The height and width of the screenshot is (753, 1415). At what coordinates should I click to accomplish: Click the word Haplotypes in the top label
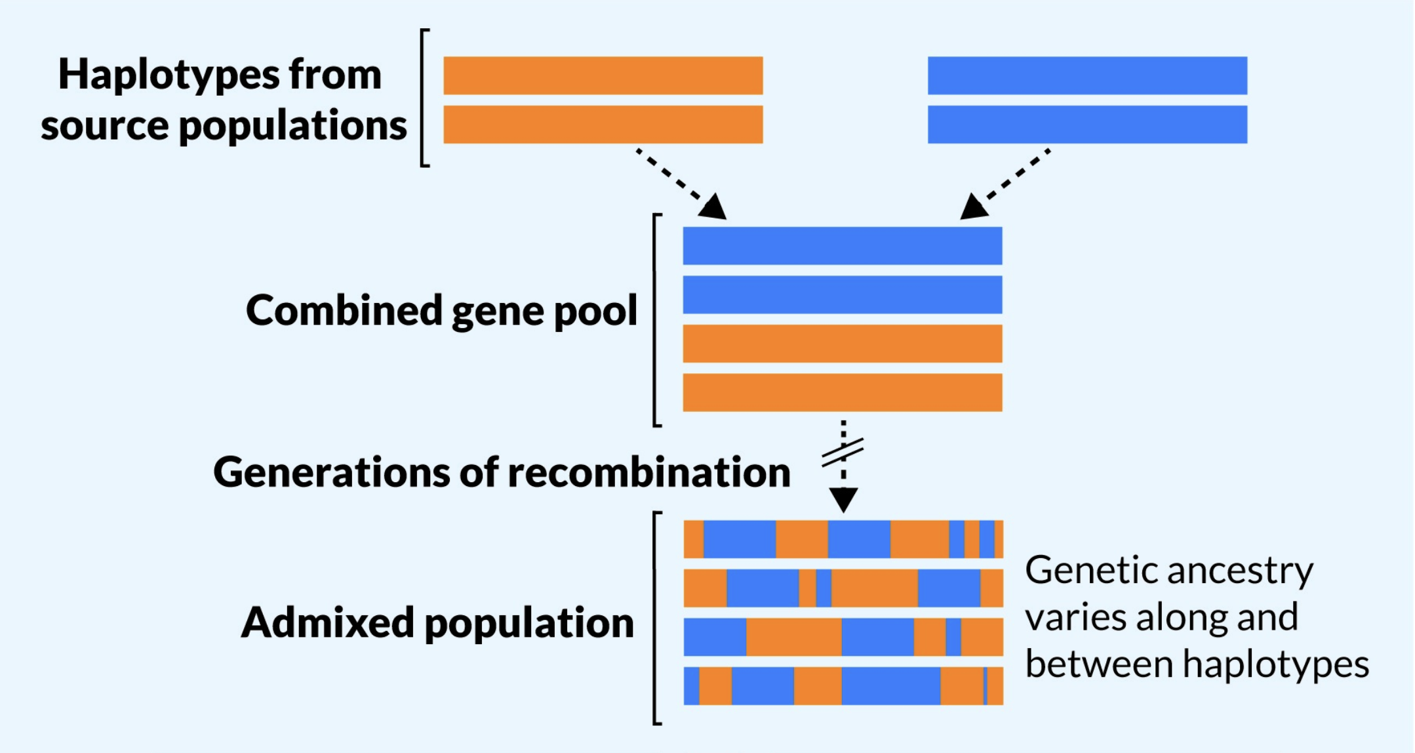pyautogui.click(x=170, y=75)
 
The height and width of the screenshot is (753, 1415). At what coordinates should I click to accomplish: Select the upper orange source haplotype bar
pyautogui.click(x=603, y=75)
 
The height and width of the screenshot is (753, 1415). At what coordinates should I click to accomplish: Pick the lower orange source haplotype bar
pyautogui.click(x=603, y=124)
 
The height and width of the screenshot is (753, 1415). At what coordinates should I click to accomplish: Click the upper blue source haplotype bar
pyautogui.click(x=1087, y=75)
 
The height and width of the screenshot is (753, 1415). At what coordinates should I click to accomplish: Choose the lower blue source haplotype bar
pyautogui.click(x=1087, y=124)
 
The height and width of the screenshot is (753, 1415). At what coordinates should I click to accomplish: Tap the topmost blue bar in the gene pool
pyautogui.click(x=843, y=246)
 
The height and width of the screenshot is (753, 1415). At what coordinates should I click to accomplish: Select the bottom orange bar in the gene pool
pyautogui.click(x=843, y=392)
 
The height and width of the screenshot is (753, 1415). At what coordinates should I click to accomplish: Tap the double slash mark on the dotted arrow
pyautogui.click(x=843, y=452)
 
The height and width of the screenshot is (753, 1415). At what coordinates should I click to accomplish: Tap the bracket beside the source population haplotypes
pyautogui.click(x=424, y=98)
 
